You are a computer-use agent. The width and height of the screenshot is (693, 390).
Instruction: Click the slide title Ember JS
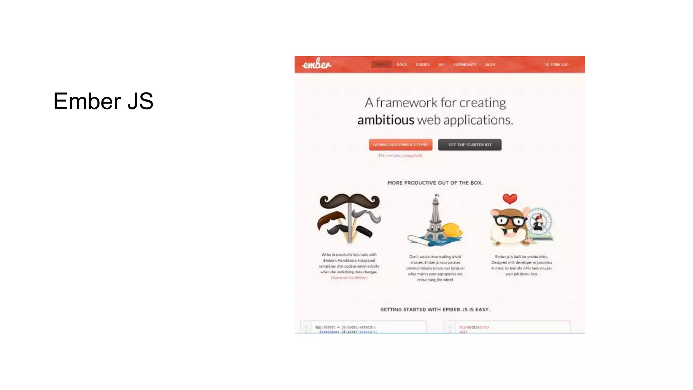(103, 101)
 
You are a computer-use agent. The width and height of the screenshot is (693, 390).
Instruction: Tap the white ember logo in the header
(317, 64)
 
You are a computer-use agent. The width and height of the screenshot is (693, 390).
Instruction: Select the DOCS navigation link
(402, 64)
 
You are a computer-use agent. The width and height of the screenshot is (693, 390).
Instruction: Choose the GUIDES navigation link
(422, 64)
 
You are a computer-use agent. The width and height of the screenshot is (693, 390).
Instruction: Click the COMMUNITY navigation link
(465, 64)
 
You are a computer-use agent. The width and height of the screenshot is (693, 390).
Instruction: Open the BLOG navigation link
(490, 64)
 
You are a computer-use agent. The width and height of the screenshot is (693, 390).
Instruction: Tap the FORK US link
(557, 64)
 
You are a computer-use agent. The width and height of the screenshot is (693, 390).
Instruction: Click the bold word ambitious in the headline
(385, 120)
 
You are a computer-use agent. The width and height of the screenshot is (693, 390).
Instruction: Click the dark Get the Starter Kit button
(470, 145)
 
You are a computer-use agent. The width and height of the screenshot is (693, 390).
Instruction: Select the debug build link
(412, 156)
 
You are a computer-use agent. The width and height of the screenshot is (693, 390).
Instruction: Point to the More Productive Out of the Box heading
(435, 183)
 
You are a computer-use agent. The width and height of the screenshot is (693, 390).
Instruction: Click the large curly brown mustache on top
(350, 201)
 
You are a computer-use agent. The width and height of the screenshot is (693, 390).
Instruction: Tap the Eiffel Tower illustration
(435, 218)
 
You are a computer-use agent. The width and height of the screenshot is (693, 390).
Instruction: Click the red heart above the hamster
(510, 199)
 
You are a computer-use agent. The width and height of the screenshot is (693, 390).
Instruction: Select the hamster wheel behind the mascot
(540, 222)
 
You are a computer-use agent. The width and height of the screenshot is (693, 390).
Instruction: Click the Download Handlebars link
(349, 278)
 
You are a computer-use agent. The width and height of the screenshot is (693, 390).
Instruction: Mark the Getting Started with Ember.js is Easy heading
(435, 309)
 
